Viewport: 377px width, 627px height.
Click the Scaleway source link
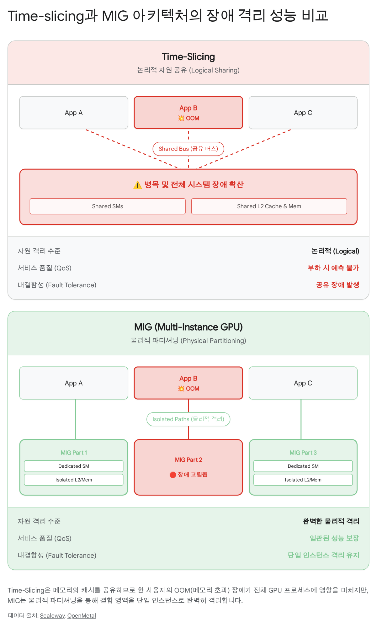click(x=52, y=615)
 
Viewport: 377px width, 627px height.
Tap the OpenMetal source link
click(x=82, y=615)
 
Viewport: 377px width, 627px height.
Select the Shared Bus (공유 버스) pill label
click(x=188, y=149)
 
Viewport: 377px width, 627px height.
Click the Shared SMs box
click(x=108, y=206)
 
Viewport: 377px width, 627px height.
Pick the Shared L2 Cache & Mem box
click(x=269, y=206)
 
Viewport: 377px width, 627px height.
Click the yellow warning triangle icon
click(x=137, y=185)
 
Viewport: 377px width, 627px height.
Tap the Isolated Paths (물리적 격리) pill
click(x=188, y=419)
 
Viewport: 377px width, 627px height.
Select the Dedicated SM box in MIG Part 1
click(x=74, y=466)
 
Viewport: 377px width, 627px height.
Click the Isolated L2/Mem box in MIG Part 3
click(x=303, y=480)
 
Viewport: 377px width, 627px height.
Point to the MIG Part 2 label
click(x=188, y=460)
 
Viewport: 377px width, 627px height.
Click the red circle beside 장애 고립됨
click(x=173, y=475)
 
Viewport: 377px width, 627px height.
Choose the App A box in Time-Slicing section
click(x=74, y=113)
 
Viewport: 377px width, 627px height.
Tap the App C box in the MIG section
click(x=303, y=383)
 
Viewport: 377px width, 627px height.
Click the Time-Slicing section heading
click(x=188, y=57)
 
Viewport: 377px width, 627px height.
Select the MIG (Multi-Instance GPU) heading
click(x=188, y=327)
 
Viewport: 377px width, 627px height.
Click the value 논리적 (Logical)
click(x=335, y=251)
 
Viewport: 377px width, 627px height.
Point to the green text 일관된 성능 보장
click(x=334, y=538)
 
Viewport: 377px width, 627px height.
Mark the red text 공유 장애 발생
click(x=337, y=285)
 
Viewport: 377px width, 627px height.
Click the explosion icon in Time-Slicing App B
click(x=181, y=118)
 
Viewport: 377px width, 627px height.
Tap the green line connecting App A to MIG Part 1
click(x=75, y=419)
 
